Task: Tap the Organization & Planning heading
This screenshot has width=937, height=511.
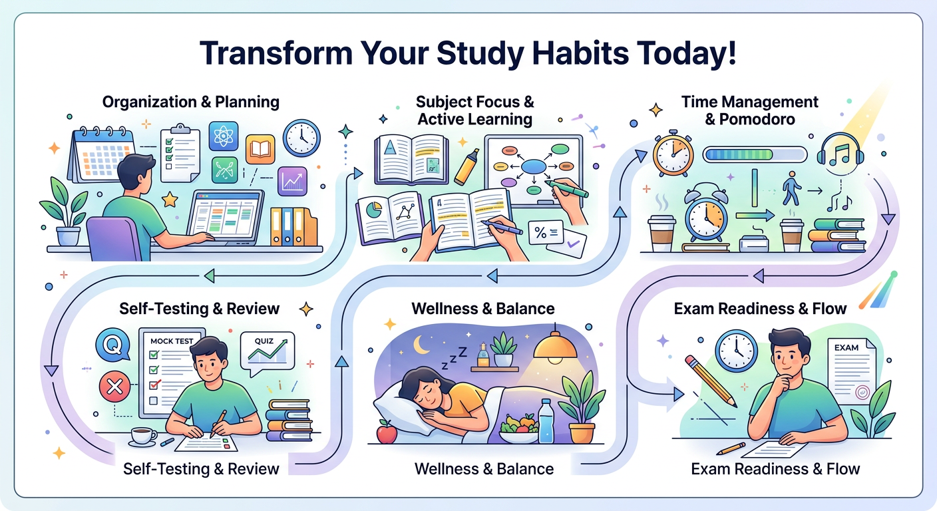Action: pyautogui.click(x=190, y=102)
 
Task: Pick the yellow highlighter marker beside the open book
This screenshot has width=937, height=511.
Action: pyautogui.click(x=467, y=166)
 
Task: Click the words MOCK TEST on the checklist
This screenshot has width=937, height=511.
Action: pyautogui.click(x=172, y=341)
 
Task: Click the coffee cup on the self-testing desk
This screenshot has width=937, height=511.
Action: pyautogui.click(x=142, y=436)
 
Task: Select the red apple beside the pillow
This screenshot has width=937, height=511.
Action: pyautogui.click(x=387, y=433)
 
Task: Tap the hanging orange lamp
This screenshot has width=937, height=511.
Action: pyautogui.click(x=557, y=349)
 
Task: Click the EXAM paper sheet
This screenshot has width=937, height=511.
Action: pyautogui.click(x=849, y=369)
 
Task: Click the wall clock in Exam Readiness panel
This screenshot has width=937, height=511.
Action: pyautogui.click(x=735, y=351)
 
